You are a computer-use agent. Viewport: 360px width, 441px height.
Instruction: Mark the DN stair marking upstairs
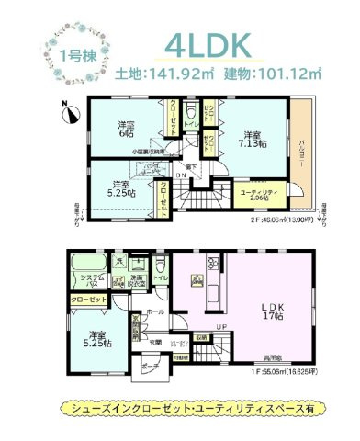click(x=181, y=175)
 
